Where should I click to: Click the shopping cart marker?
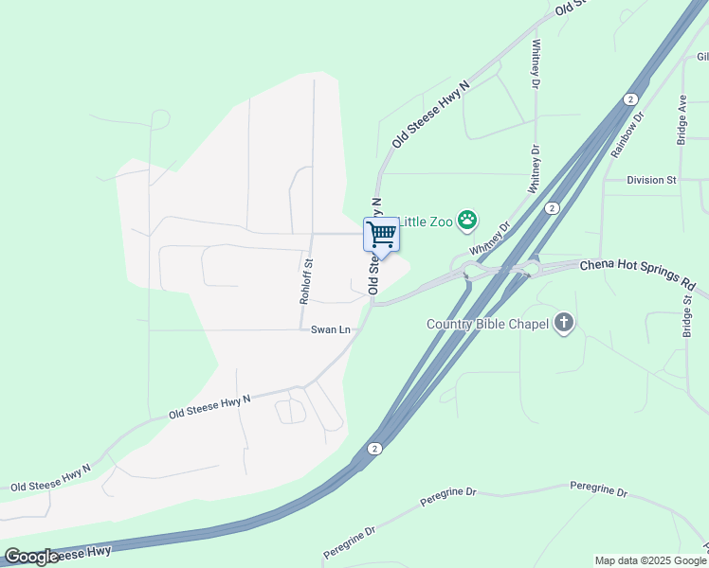tap(382, 234)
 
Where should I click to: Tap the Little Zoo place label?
tap(426, 222)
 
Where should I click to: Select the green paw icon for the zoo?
tap(467, 222)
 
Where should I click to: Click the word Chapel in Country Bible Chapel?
tap(525, 325)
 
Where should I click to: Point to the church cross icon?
tap(564, 324)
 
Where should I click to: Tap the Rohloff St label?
tap(306, 281)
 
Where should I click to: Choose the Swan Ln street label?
tap(331, 329)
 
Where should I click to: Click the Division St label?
tap(651, 179)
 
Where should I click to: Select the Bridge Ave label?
tap(682, 118)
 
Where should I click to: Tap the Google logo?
tap(31, 557)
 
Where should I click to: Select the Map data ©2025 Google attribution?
tap(649, 560)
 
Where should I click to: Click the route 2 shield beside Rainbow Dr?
tap(630, 99)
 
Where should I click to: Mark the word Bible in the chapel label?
tap(484, 325)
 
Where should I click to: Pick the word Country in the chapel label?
tap(447, 325)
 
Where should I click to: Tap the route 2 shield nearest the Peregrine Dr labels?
tap(375, 449)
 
